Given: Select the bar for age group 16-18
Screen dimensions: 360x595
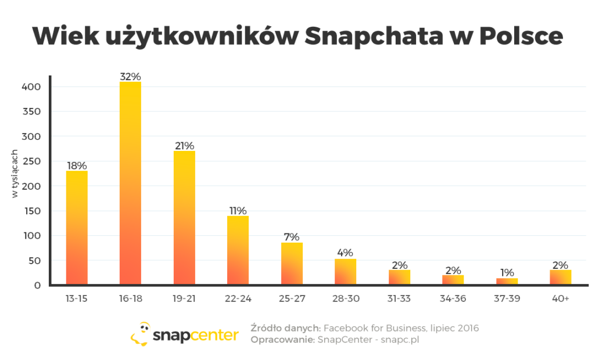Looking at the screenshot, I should pos(130,183).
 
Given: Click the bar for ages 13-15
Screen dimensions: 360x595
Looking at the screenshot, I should pos(77,228).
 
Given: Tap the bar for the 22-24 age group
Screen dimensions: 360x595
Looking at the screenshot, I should pos(238,250).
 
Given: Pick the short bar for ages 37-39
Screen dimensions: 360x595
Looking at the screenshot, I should pos(507,281).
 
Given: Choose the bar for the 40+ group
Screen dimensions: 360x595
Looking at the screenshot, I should pos(560,277).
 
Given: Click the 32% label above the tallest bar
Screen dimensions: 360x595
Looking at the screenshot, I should pos(130,76).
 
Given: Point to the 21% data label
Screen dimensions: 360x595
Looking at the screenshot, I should pos(184,146).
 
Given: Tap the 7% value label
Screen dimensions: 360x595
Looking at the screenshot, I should pos(292,237).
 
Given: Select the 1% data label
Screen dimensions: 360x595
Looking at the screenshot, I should pos(507,272).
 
